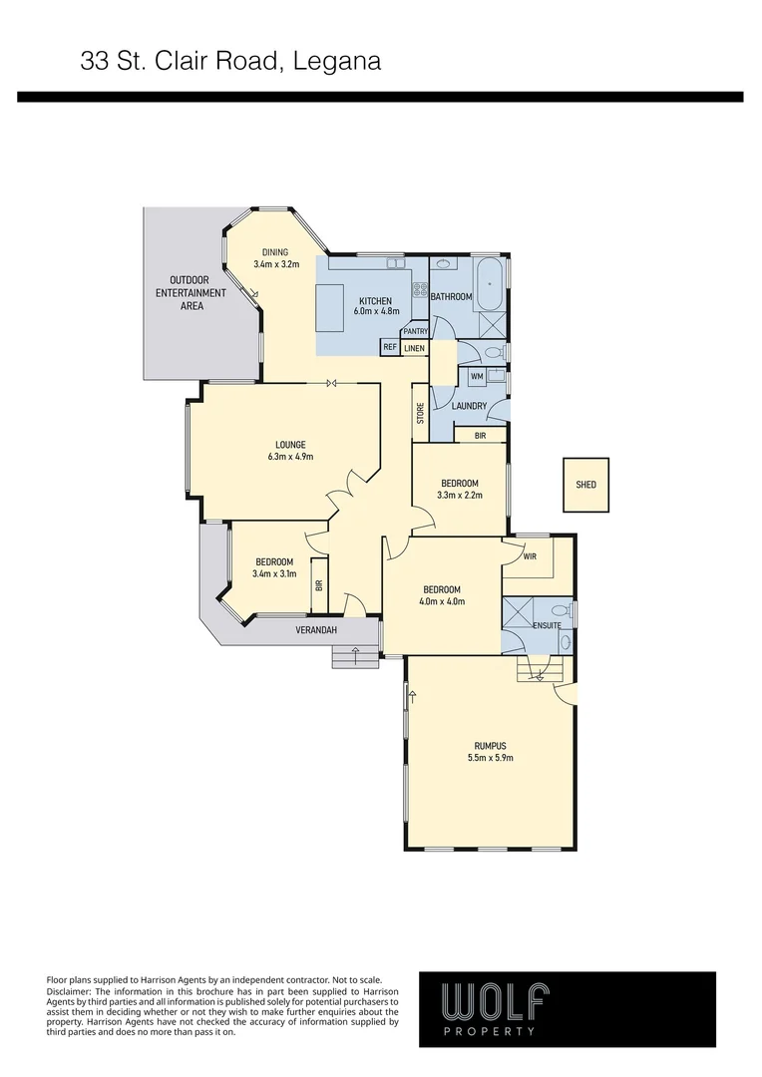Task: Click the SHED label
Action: click(585, 485)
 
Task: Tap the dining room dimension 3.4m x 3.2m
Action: click(275, 265)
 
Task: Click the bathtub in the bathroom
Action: click(490, 283)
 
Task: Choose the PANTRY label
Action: click(415, 332)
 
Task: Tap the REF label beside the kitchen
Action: click(390, 347)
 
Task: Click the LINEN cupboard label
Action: click(414, 348)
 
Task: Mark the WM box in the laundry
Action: click(477, 376)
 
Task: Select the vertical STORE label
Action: click(420, 412)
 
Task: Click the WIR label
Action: click(530, 556)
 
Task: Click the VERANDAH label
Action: click(316, 631)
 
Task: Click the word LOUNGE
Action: click(290, 445)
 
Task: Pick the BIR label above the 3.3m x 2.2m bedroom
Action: click(480, 436)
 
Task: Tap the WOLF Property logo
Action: click(567, 1008)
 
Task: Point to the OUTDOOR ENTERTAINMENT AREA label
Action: click(191, 293)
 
